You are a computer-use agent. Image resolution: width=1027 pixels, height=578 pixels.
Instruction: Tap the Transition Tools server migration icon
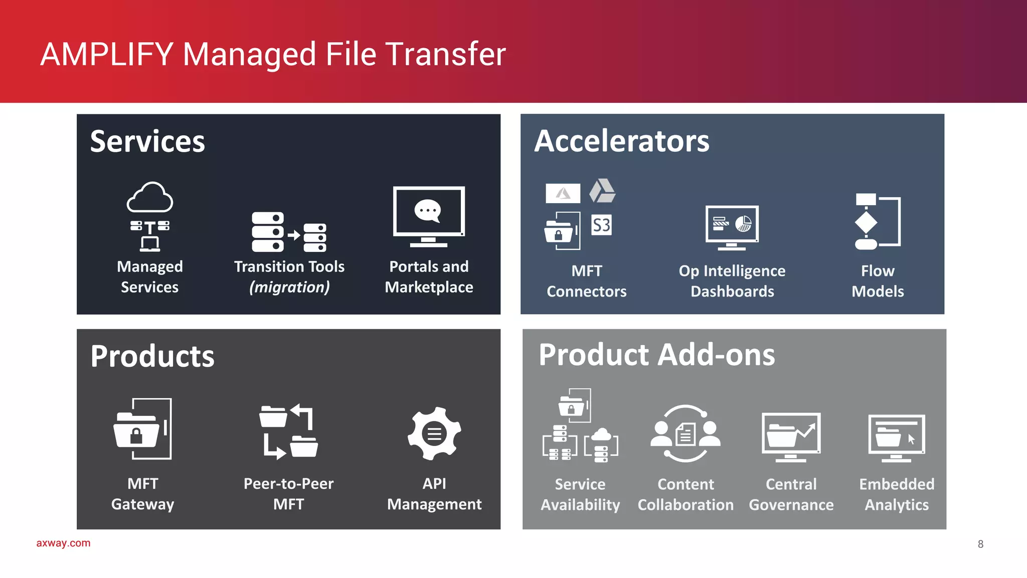(x=289, y=232)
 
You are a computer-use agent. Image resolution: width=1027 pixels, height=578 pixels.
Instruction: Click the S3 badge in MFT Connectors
(x=601, y=225)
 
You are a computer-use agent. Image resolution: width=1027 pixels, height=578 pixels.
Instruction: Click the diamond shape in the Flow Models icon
(x=866, y=222)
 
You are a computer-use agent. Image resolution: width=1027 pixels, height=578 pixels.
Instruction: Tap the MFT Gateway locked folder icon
(x=142, y=429)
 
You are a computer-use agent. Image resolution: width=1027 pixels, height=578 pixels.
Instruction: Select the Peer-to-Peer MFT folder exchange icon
(x=288, y=431)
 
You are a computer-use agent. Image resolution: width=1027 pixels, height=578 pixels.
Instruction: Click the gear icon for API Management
(x=434, y=434)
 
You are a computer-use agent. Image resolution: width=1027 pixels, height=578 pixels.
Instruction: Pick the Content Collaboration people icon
(x=686, y=434)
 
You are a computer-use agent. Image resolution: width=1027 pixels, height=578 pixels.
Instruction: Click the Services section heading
(x=147, y=141)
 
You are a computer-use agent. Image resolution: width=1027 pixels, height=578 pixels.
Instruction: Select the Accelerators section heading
(x=622, y=141)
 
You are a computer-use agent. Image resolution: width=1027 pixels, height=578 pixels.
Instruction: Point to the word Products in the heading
(x=152, y=356)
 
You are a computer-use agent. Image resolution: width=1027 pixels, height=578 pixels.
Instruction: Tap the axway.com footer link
(x=63, y=543)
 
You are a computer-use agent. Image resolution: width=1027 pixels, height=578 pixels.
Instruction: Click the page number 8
(x=980, y=544)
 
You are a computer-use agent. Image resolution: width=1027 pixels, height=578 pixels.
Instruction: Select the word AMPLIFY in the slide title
(x=107, y=54)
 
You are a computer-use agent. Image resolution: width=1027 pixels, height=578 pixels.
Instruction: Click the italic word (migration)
(x=289, y=287)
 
